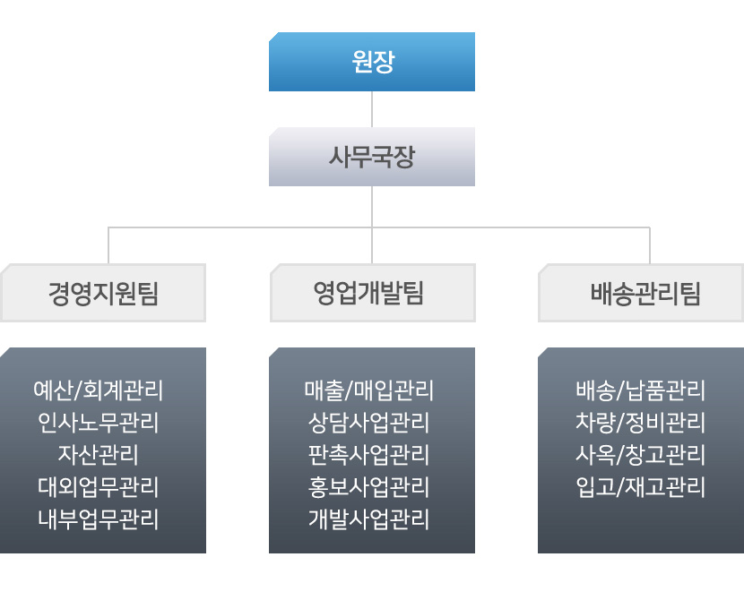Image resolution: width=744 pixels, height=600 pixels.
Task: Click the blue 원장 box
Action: [371, 62]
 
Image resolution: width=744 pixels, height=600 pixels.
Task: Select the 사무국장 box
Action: [371, 157]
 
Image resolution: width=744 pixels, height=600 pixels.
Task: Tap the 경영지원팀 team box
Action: [103, 293]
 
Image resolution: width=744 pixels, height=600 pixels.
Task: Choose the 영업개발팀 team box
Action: [371, 293]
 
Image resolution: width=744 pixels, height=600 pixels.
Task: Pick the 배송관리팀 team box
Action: [641, 293]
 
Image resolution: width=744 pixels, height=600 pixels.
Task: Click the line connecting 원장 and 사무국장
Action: [371, 108]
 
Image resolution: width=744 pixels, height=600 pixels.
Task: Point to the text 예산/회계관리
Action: [99, 390]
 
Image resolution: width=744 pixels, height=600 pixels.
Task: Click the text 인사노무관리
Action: [99, 423]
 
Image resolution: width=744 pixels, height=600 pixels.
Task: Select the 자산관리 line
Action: [99, 455]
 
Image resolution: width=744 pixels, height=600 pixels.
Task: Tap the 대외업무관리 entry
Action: [99, 487]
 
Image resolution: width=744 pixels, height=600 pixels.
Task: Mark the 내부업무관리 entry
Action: [99, 519]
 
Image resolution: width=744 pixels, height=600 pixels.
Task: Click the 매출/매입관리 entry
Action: [369, 390]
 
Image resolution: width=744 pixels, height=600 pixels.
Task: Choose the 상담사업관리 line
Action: [369, 423]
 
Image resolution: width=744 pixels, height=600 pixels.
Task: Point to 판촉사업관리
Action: [369, 455]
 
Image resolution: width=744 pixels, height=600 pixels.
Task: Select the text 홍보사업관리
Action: [369, 487]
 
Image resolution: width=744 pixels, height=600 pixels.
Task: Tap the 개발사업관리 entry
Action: [369, 519]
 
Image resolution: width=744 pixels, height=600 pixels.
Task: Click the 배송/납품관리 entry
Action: [640, 390]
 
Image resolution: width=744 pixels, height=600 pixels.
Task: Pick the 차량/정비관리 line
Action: [640, 423]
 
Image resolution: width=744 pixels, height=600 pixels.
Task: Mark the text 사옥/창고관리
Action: [640, 455]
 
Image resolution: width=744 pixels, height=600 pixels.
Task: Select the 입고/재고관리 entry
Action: [640, 487]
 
